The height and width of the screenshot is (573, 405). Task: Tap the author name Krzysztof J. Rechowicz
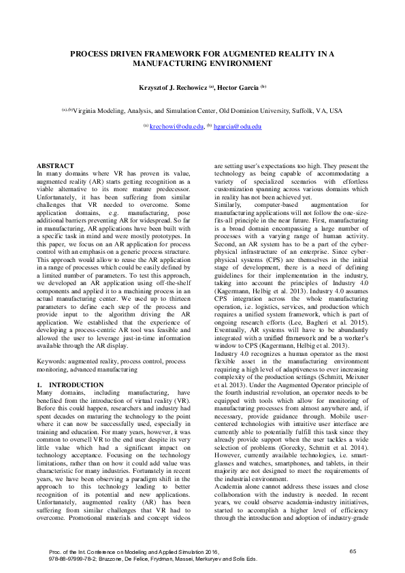[172, 88]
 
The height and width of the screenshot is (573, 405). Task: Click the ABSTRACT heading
[54, 165]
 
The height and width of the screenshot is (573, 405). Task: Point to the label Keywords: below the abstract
[52, 361]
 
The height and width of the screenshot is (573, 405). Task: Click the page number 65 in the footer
[353, 550]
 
